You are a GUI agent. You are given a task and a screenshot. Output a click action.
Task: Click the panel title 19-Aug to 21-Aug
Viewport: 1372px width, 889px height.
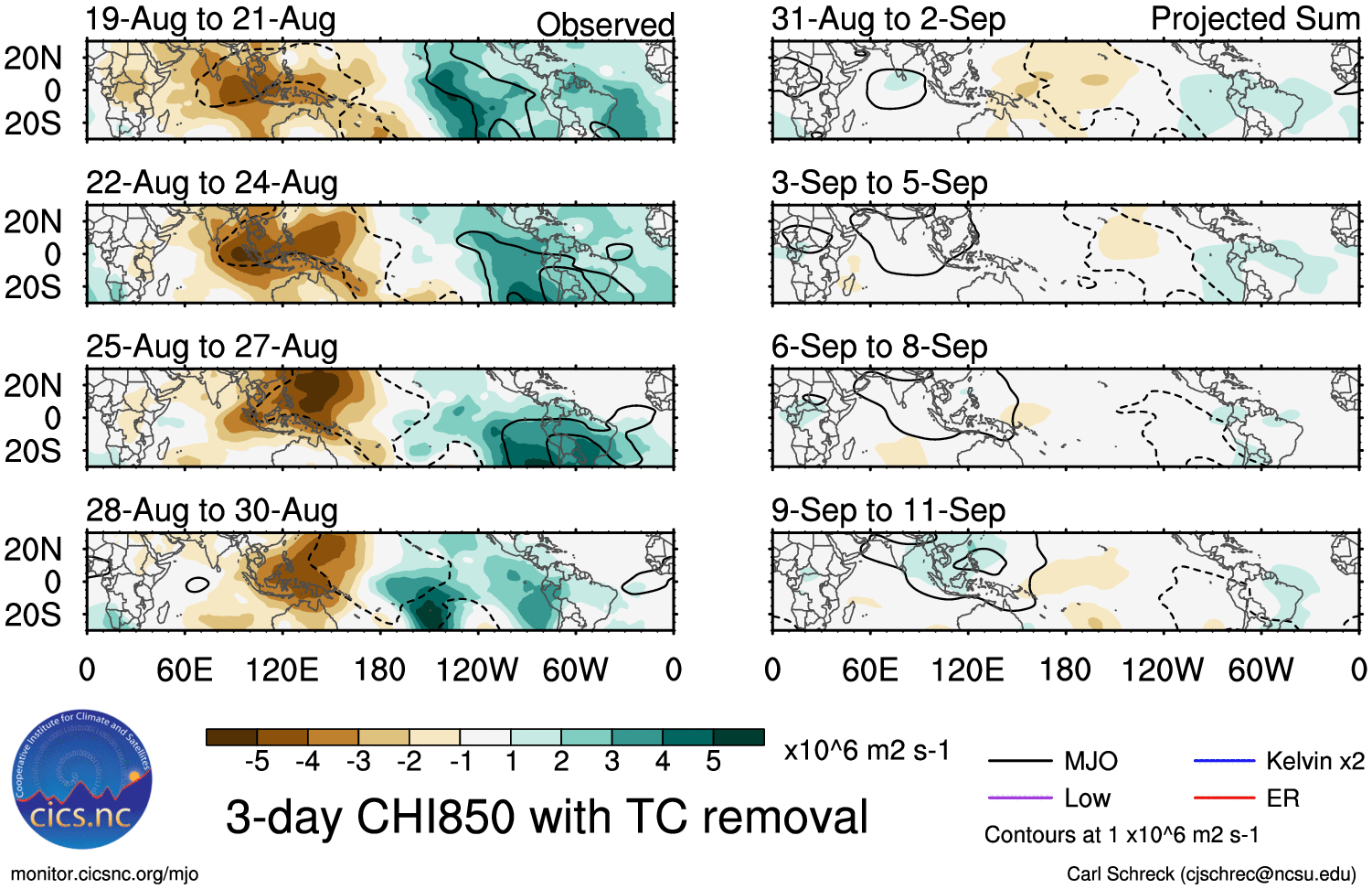tap(211, 19)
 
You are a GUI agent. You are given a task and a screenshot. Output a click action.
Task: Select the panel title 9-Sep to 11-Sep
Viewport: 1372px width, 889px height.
tap(888, 510)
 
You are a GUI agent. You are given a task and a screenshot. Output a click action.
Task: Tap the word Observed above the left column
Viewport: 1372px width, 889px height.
tap(605, 25)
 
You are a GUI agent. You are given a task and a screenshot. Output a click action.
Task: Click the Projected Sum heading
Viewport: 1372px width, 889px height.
tap(1255, 19)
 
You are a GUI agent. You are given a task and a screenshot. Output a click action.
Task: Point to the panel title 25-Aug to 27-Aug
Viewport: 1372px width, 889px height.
tap(212, 348)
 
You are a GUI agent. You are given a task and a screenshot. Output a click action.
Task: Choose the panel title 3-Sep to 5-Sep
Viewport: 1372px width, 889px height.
tap(879, 183)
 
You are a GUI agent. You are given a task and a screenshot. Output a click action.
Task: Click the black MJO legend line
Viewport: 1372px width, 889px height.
tap(1020, 761)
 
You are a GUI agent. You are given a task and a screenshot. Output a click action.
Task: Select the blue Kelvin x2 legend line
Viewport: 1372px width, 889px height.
tap(1224, 761)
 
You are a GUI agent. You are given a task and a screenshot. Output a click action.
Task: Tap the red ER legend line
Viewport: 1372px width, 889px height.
tap(1224, 798)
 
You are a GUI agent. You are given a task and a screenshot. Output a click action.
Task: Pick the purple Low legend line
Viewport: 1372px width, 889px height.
tap(1020, 798)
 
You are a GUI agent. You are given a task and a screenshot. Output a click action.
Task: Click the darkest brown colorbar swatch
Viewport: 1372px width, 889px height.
tap(232, 737)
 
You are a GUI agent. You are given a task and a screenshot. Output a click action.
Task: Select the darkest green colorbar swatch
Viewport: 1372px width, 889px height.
tap(739, 737)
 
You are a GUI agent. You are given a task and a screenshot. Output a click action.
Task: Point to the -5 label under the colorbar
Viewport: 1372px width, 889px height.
tap(257, 762)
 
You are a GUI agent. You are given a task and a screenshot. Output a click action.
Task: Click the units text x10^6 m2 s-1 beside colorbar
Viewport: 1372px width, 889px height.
tap(867, 751)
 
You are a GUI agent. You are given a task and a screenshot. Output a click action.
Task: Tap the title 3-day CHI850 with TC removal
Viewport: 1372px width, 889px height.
tap(547, 817)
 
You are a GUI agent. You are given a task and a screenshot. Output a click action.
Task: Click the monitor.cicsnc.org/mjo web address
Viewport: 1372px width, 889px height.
tap(104, 874)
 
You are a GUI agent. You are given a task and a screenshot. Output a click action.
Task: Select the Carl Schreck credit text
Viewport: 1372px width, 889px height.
tap(1211, 874)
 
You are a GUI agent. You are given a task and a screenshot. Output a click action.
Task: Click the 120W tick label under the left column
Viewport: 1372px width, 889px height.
tap(477, 670)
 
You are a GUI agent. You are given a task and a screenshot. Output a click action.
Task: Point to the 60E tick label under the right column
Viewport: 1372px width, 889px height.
tap(870, 670)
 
